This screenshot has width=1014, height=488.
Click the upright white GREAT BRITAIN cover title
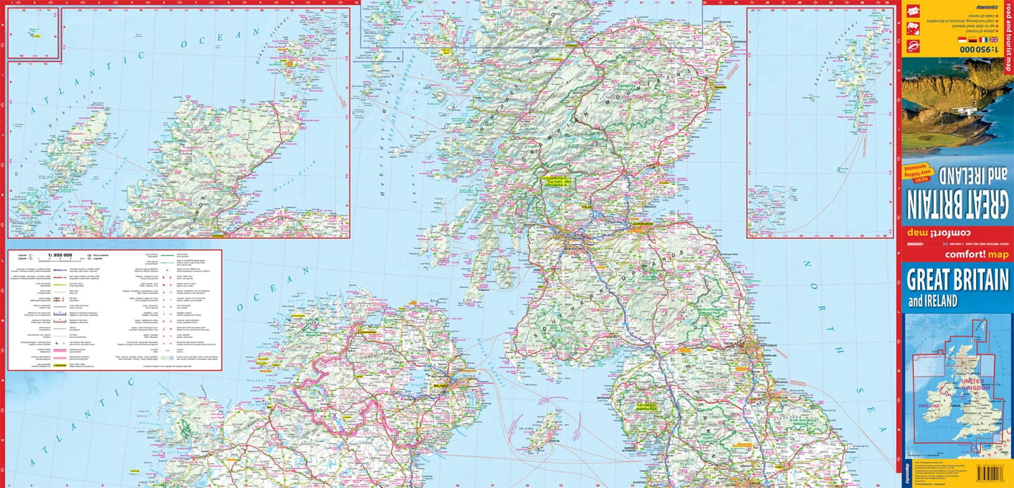point(957,279)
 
